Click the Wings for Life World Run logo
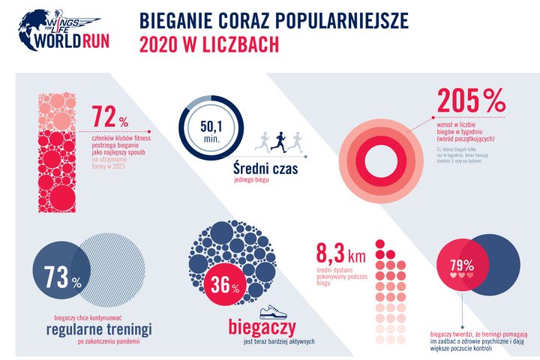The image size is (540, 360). [x=63, y=29]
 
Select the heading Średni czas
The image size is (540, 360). [x=263, y=169]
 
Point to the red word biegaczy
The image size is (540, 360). [x=261, y=328]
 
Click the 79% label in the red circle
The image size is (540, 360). [x=461, y=265]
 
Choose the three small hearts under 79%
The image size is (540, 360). [x=461, y=275]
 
